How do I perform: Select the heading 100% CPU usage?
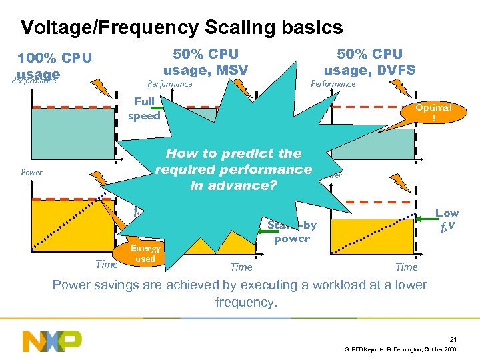(55, 65)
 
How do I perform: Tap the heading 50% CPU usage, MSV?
(205, 61)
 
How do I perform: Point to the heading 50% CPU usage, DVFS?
(369, 61)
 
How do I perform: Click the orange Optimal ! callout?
(433, 111)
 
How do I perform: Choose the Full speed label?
(143, 109)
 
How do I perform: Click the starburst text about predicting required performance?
(233, 169)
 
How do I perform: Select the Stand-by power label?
(292, 231)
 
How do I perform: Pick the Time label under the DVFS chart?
(406, 267)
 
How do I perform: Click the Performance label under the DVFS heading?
(333, 84)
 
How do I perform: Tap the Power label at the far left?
(31, 172)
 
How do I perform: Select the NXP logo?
(52, 341)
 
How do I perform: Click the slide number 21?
(452, 339)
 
